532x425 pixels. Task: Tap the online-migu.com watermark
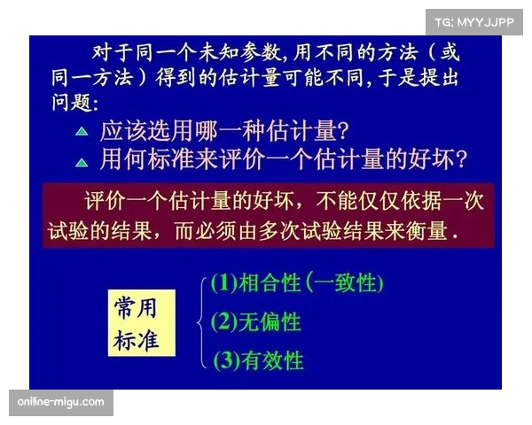pos(60,403)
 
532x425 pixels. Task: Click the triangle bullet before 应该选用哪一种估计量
pos(81,131)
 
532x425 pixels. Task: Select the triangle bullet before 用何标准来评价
pos(81,161)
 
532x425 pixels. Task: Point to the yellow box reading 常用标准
pos(140,323)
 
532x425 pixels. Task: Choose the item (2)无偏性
pos(256,321)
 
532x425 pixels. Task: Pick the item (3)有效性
pos(257,359)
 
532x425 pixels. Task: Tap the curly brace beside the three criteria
pos(203,321)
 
